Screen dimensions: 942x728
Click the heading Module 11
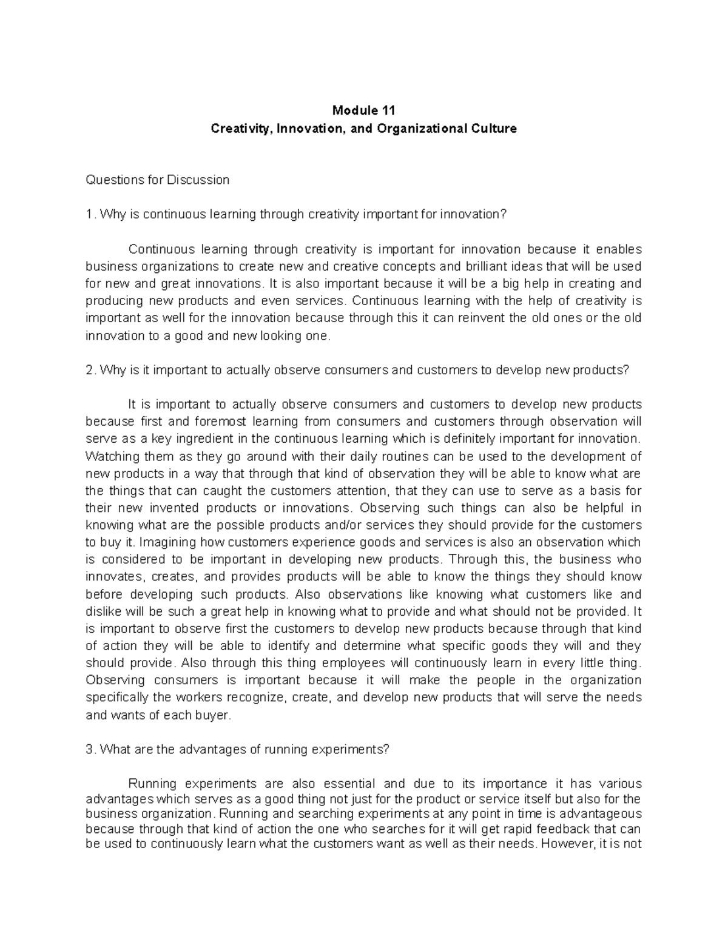click(363, 110)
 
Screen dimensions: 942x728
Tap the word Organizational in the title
click(428, 129)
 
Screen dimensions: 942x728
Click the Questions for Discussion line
click(158, 180)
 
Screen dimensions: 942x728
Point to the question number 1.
click(90, 214)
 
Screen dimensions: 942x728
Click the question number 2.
click(90, 370)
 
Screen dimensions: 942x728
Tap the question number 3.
click(90, 749)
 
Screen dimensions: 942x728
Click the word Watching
click(112, 456)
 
